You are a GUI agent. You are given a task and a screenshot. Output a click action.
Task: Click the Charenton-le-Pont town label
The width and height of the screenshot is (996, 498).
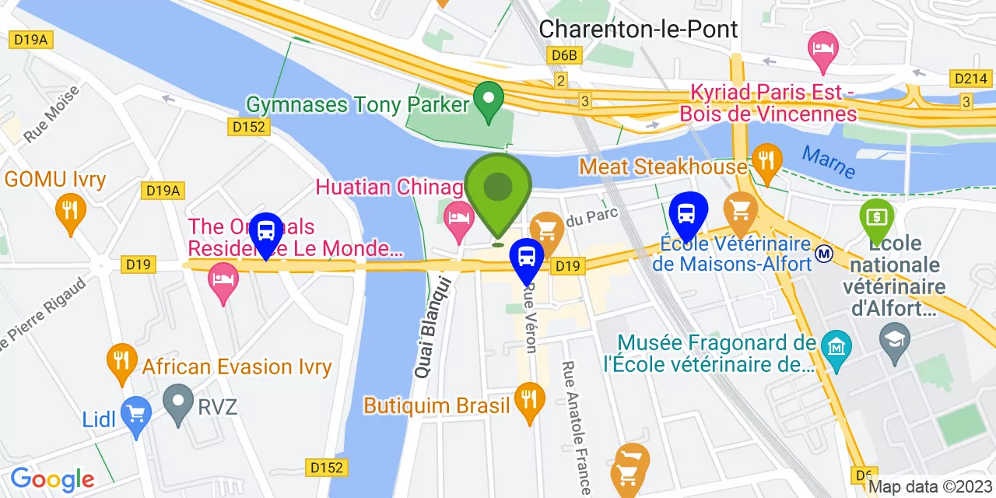point(638,29)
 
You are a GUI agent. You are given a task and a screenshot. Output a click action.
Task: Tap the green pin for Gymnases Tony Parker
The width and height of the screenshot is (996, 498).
point(489,100)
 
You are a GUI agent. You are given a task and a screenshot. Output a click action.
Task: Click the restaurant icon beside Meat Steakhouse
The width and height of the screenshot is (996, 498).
point(767,161)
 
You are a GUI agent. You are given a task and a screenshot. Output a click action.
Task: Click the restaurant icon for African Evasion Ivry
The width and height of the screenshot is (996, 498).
point(121,360)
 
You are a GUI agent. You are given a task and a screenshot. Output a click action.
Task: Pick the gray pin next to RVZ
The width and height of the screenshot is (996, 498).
point(178,402)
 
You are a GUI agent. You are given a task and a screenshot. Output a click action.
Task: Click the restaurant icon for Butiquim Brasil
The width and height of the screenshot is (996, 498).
point(530,400)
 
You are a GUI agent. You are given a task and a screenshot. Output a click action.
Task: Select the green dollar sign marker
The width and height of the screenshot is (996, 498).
point(877,216)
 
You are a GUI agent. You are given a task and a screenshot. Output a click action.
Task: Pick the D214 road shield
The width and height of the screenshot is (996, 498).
point(970,78)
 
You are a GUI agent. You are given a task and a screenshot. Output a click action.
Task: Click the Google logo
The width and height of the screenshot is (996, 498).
point(52,479)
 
